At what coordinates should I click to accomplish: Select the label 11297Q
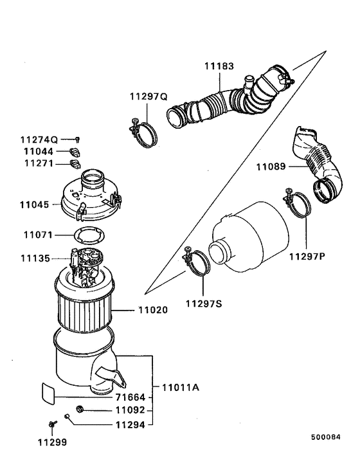click(148, 96)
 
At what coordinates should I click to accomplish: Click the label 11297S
click(204, 303)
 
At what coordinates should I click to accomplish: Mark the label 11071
click(34, 235)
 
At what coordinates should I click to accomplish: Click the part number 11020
click(153, 309)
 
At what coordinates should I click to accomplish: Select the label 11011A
click(181, 387)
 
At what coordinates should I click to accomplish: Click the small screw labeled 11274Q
click(76, 139)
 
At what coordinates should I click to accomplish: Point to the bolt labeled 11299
click(51, 423)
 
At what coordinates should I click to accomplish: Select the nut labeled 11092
click(80, 410)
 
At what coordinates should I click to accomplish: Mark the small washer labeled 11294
click(66, 417)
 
